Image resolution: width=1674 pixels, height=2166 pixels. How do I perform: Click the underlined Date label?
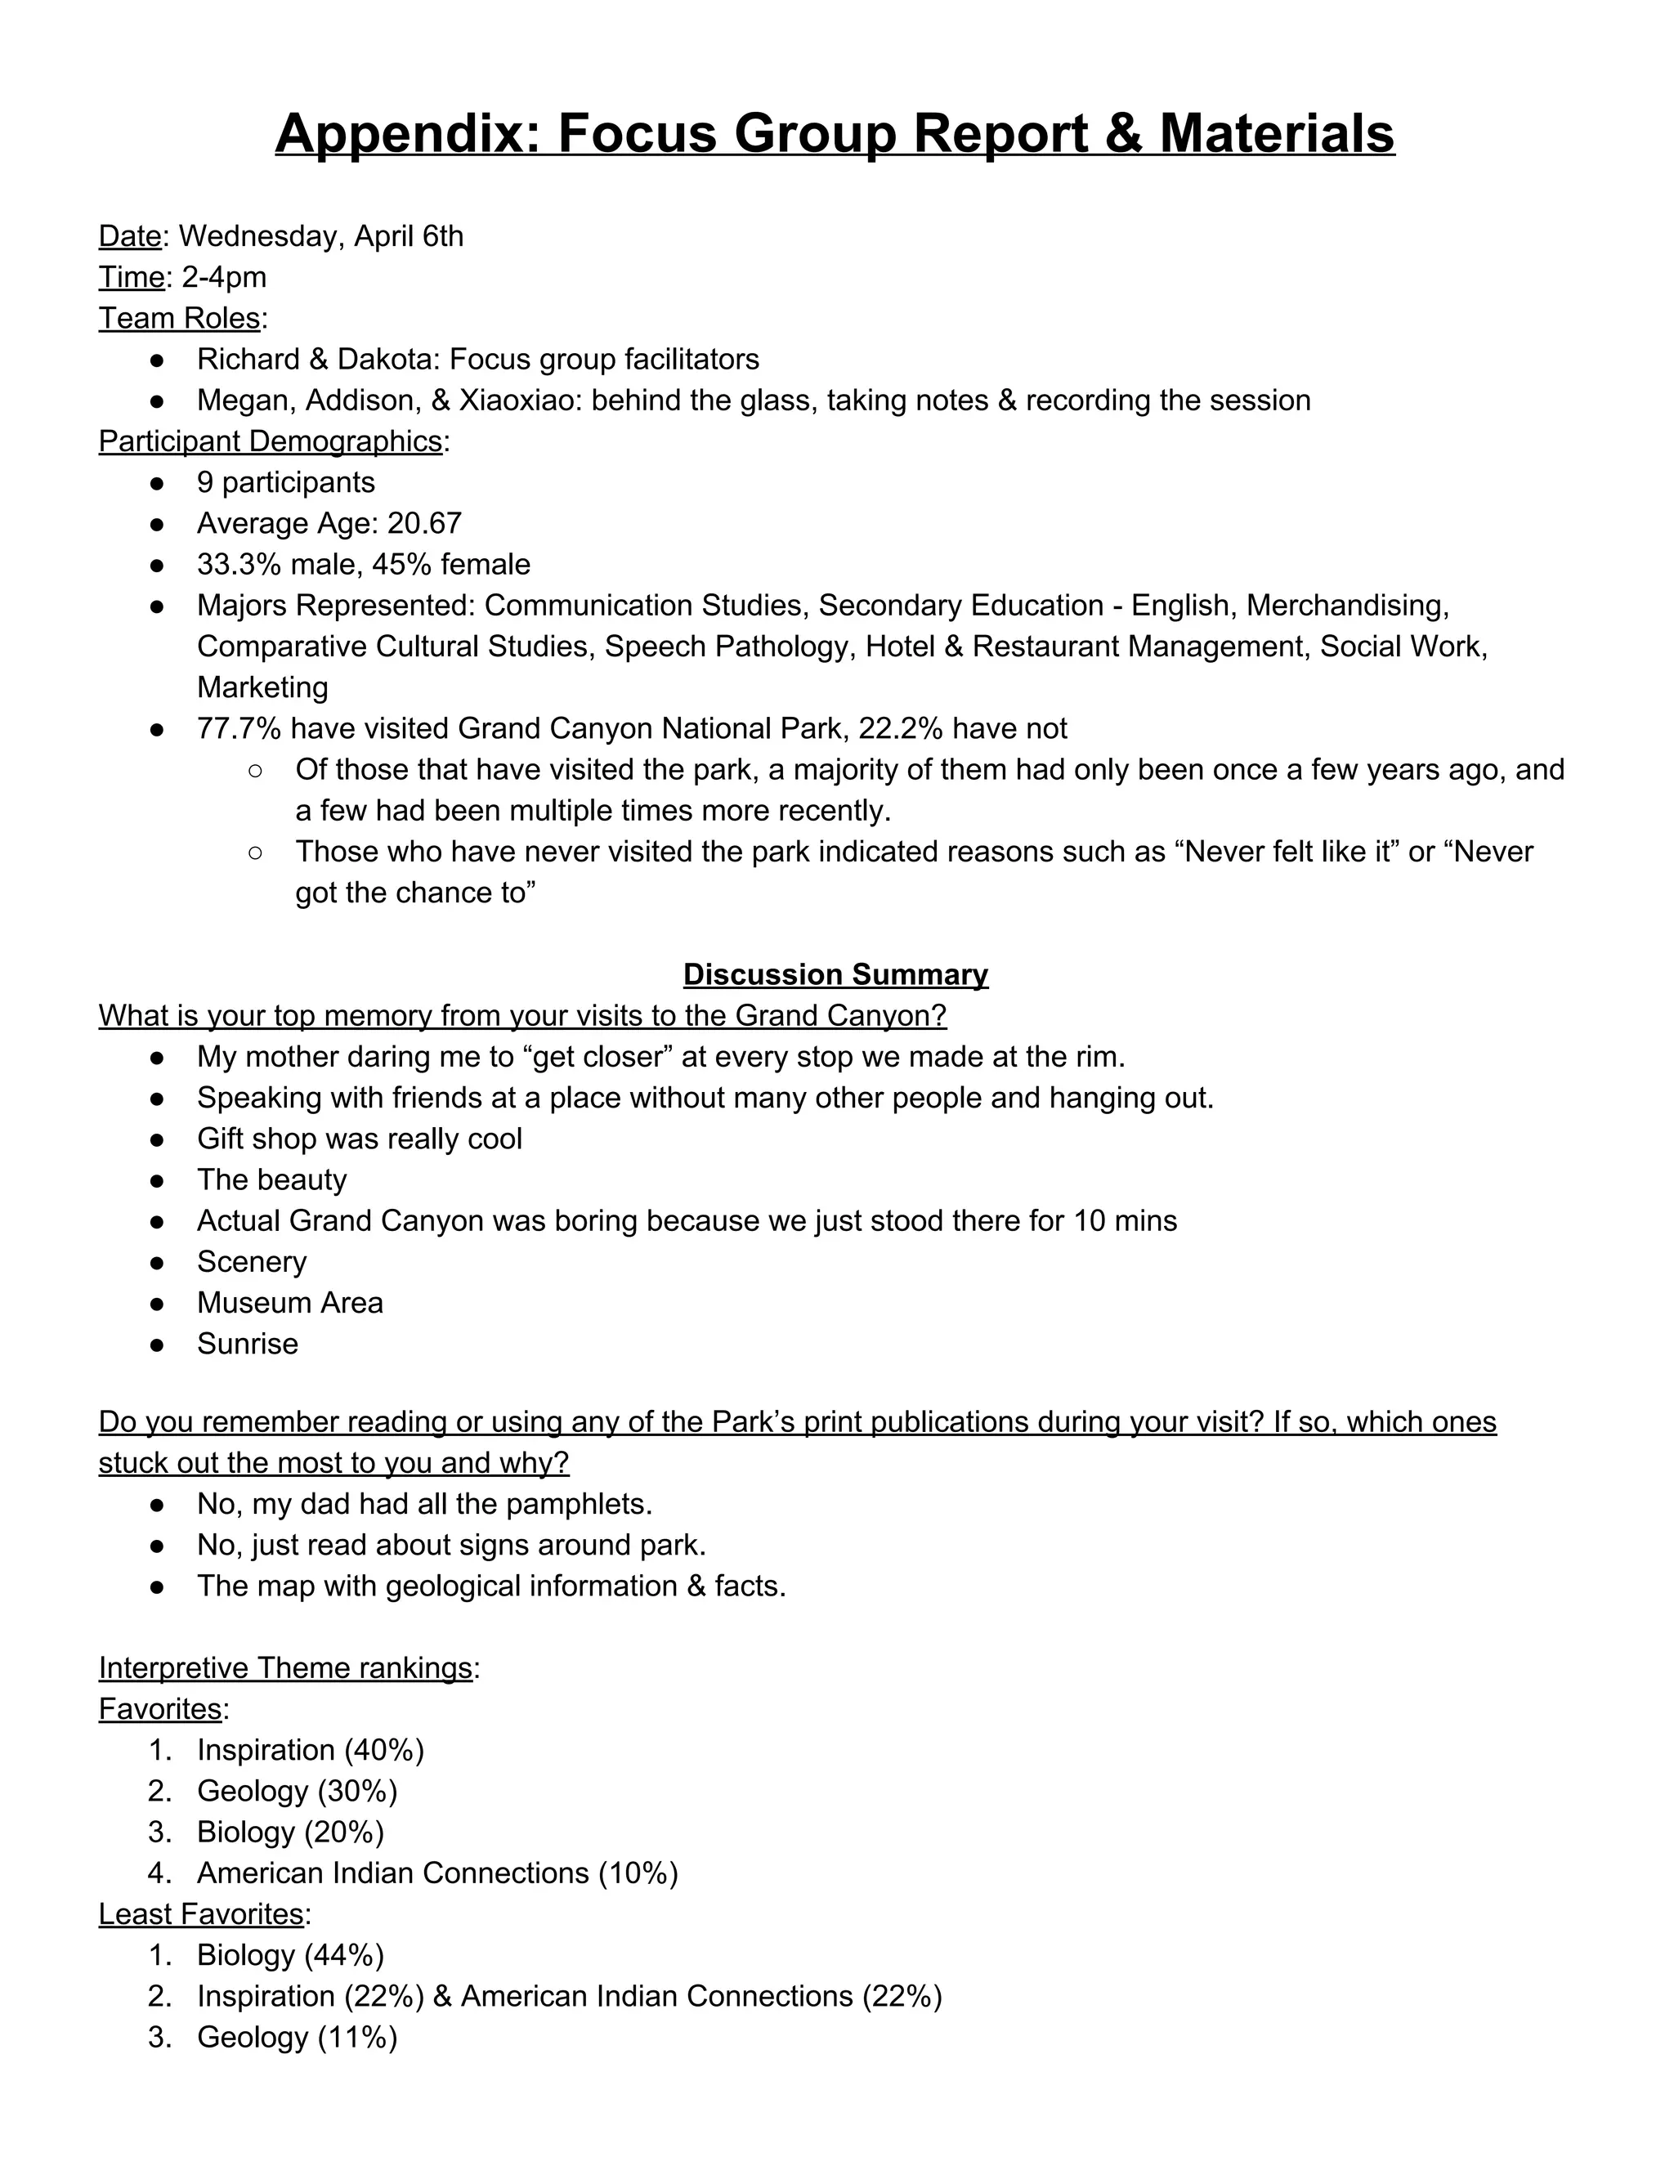[x=129, y=236]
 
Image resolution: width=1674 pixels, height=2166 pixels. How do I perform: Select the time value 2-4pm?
[x=224, y=277]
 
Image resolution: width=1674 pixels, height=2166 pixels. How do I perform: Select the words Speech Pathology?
[x=729, y=646]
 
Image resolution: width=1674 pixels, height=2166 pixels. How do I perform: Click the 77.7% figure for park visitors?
[x=239, y=728]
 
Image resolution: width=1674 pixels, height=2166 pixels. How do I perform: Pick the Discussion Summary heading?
[x=835, y=974]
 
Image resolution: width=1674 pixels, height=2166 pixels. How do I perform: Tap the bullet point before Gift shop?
[x=157, y=1139]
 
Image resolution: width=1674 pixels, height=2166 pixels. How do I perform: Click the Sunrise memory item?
[x=247, y=1344]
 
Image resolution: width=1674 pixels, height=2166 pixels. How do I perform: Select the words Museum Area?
[x=289, y=1302]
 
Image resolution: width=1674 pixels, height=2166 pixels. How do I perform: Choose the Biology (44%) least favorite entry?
[x=290, y=1955]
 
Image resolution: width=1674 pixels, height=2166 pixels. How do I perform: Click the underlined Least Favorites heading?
[x=200, y=1913]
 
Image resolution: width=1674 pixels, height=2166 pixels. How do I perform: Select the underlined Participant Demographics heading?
[x=270, y=441]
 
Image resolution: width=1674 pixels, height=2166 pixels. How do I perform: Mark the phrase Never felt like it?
[x=1288, y=851]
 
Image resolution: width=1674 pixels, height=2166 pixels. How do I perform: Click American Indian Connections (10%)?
[x=437, y=1873]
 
